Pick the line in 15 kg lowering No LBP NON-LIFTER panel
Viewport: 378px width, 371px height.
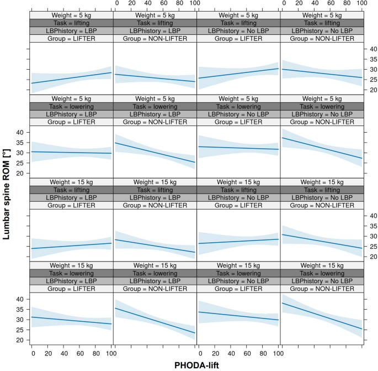click(322, 316)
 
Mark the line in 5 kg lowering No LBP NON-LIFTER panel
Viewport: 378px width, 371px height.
click(322, 148)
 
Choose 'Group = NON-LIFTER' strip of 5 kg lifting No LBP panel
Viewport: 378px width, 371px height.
click(322, 39)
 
